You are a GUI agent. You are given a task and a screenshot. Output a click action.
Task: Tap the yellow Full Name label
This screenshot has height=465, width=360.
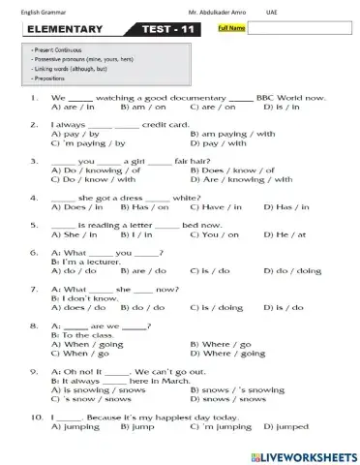[x=230, y=29]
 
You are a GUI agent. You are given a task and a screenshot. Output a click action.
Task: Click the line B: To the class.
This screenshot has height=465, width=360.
[x=83, y=334]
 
